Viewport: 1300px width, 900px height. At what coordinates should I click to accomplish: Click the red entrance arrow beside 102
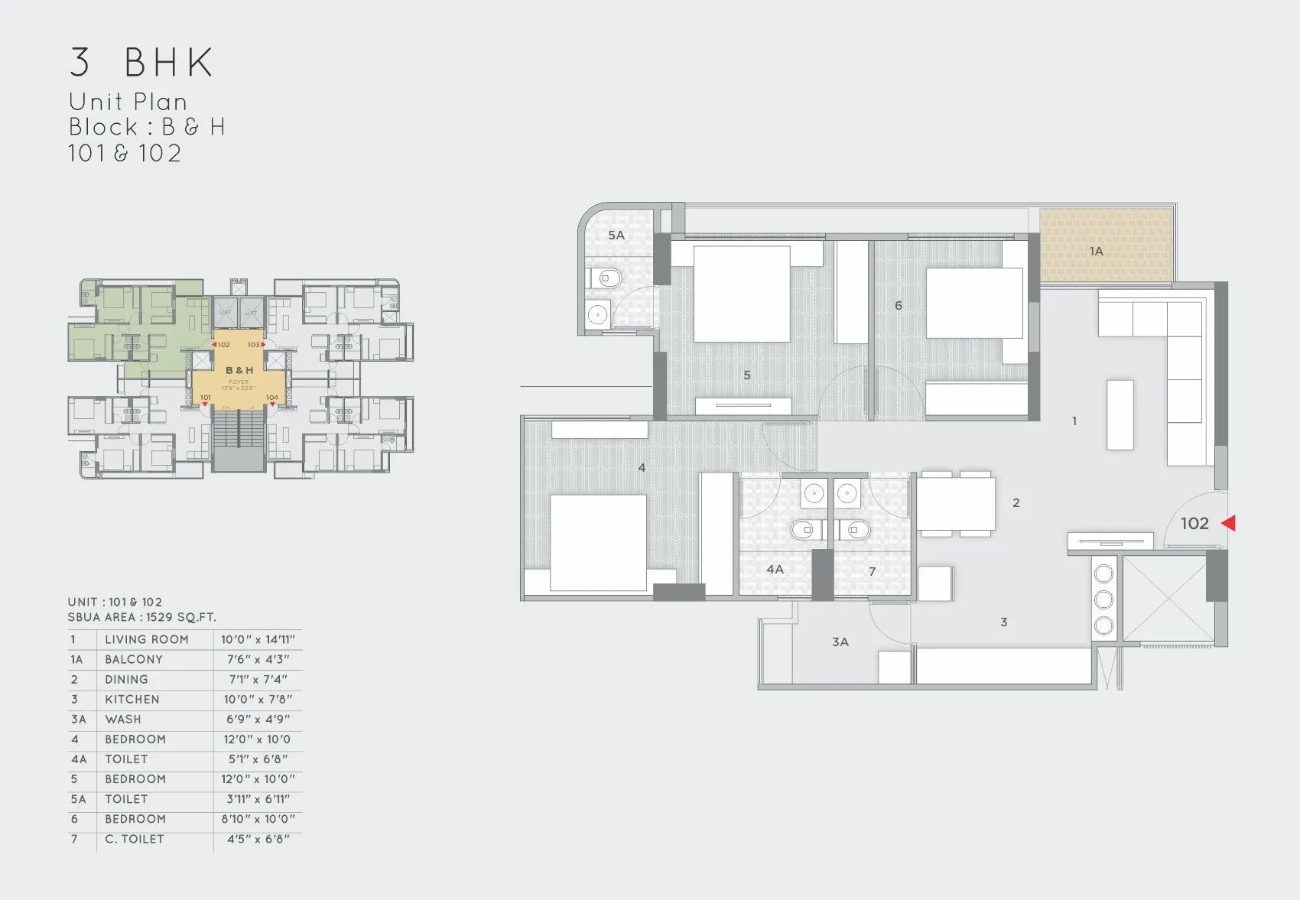click(1229, 523)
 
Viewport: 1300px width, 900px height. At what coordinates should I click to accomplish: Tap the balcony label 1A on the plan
click(1096, 251)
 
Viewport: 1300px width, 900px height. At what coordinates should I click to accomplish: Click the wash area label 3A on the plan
click(840, 642)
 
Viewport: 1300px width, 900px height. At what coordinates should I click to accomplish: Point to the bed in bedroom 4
click(598, 542)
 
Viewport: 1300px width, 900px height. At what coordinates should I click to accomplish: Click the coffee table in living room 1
click(1120, 414)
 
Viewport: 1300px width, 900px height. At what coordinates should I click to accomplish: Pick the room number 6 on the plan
click(898, 306)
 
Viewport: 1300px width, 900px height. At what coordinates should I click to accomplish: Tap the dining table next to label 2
click(956, 503)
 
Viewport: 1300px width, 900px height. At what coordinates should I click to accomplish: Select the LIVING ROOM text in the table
click(146, 639)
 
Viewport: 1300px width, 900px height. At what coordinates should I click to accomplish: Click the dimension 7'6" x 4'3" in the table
click(258, 659)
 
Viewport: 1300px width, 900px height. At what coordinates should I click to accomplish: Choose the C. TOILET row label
click(134, 839)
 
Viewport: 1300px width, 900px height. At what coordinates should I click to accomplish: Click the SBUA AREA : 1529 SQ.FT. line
click(141, 617)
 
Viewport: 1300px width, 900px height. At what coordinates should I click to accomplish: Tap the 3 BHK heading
click(141, 63)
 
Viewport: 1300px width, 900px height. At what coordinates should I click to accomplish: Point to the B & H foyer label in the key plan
click(239, 370)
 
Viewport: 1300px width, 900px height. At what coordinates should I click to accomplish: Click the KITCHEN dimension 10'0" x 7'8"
click(258, 699)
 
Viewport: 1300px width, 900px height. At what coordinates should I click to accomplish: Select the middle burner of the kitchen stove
click(1103, 599)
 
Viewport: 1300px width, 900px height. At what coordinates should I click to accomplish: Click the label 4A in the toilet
click(775, 570)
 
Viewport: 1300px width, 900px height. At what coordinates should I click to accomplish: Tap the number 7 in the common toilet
click(872, 572)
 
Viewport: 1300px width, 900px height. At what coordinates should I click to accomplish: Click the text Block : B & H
click(147, 127)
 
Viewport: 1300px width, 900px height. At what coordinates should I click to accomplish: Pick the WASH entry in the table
click(123, 719)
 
